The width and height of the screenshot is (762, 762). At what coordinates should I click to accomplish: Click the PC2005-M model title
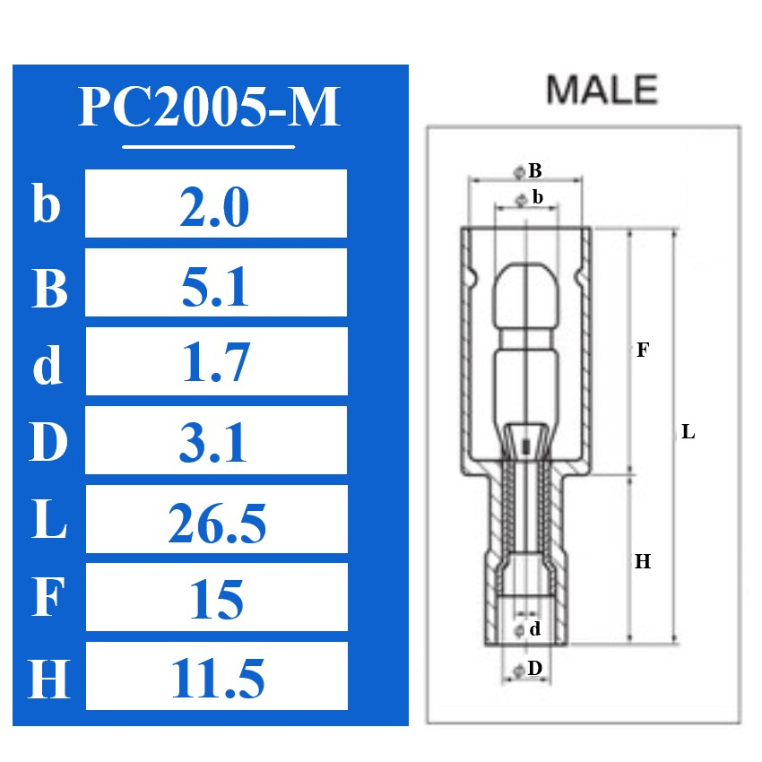pos(209,107)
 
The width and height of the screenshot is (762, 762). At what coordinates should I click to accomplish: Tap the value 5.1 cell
pos(215,287)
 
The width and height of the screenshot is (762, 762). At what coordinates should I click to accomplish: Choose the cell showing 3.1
pos(215,443)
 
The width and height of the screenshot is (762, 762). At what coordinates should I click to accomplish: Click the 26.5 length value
pos(215,523)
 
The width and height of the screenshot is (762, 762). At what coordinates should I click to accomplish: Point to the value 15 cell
pos(215,600)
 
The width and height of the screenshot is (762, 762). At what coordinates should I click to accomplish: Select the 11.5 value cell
pos(215,679)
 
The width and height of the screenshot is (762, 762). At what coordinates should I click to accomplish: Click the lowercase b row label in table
pos(47,204)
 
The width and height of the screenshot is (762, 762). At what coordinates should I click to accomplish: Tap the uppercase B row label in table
pos(49,287)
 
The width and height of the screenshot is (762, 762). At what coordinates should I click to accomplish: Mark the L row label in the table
pos(49,523)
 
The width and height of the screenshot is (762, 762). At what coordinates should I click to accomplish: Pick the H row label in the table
pos(49,679)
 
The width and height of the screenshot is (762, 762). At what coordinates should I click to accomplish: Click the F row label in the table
pos(49,600)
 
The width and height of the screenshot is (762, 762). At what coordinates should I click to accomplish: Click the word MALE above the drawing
pos(602,90)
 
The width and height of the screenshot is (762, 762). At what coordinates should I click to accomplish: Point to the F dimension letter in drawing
pos(642,351)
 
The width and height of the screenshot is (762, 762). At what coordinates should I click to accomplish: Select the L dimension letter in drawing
pos(688,432)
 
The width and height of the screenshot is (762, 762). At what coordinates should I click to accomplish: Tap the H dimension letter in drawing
pos(642,563)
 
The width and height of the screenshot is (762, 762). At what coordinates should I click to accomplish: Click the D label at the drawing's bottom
pos(534,668)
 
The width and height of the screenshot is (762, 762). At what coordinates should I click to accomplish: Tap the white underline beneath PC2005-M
pos(208,145)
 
